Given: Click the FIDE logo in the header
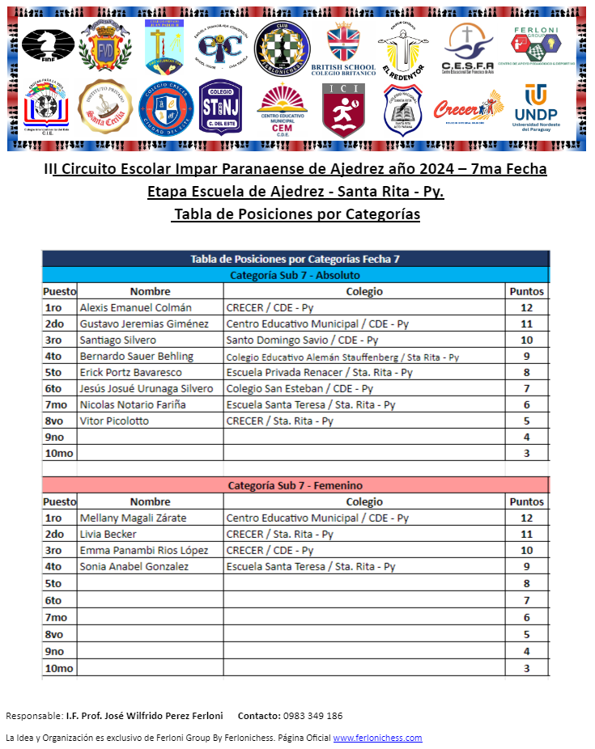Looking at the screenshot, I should (x=48, y=45).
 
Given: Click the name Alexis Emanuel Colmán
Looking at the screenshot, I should (x=135, y=307).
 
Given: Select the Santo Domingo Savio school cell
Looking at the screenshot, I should (x=302, y=340).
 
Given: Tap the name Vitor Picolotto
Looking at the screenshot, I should (x=114, y=421).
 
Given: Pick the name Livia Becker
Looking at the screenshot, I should (x=108, y=534).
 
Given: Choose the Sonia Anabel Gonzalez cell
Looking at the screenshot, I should (x=134, y=566).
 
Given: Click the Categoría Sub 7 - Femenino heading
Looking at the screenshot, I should (x=295, y=485).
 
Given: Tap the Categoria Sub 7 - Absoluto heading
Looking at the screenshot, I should (x=295, y=275).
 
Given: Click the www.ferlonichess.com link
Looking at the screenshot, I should (x=377, y=738).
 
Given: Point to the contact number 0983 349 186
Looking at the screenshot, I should (x=312, y=716).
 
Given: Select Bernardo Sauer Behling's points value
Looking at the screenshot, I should (x=526, y=356).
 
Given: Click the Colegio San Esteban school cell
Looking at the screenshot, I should (x=300, y=388).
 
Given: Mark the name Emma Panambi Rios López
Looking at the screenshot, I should (x=144, y=550).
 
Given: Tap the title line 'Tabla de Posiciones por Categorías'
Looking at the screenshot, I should (x=295, y=214).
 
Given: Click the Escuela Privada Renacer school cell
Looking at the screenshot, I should (x=319, y=372).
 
